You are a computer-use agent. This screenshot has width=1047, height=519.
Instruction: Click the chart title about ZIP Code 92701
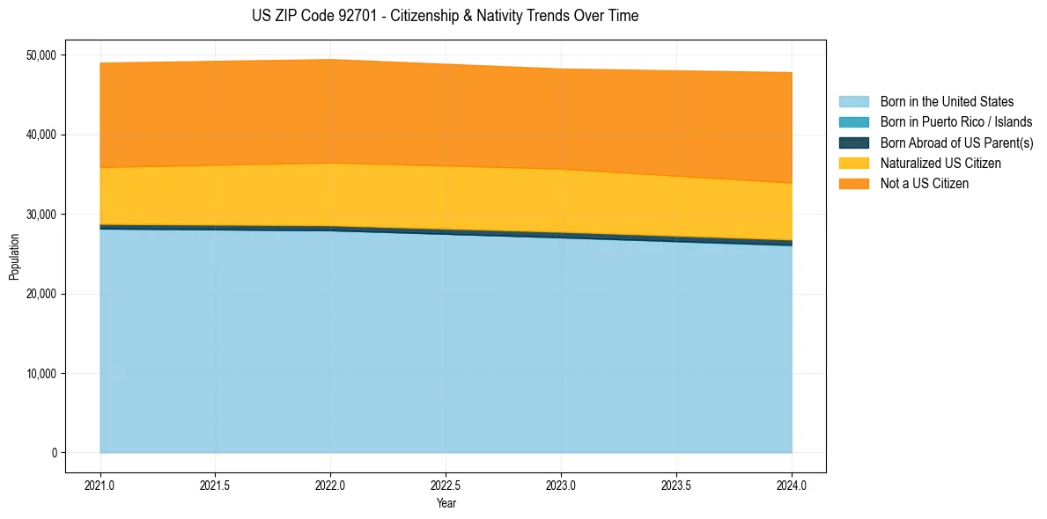coord(445,16)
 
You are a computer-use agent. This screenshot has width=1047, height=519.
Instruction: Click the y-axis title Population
coord(14,257)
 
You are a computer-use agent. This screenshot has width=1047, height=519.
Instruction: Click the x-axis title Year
coord(446,503)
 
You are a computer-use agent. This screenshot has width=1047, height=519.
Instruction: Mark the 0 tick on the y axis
coord(53,453)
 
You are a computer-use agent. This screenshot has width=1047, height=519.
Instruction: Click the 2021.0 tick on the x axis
coord(100,485)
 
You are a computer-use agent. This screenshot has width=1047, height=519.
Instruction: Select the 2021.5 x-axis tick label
coord(216,485)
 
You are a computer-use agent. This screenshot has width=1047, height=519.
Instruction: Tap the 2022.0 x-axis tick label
coord(330,485)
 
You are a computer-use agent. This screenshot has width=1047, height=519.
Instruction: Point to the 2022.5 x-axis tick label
coord(446,485)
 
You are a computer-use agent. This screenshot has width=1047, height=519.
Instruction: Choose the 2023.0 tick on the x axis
coord(561,485)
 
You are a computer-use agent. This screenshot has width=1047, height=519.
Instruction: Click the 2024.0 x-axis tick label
coord(792,485)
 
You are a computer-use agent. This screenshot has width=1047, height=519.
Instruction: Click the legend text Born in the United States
coord(947,102)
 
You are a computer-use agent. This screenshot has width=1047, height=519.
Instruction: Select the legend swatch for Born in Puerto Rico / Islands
coord(853,122)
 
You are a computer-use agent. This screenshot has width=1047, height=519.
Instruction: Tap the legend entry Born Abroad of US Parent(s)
coord(956,143)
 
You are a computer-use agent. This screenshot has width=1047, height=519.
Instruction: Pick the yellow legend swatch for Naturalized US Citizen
coord(853,164)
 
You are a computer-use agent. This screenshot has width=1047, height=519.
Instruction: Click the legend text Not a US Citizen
coord(924,184)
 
